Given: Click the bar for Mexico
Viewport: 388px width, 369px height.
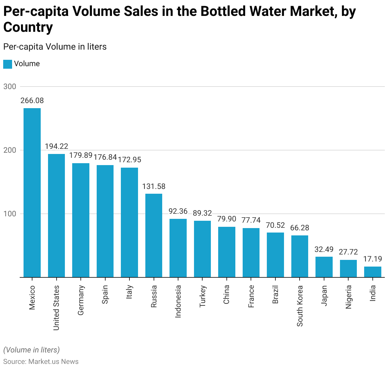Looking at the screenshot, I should pos(32,193).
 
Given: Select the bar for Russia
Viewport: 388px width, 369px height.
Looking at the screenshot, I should pos(154,235).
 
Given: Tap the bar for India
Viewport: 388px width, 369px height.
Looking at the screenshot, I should pos(372,272).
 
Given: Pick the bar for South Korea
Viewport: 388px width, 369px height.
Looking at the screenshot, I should pos(300,256).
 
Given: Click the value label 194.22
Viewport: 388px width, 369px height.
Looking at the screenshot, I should pos(56,146).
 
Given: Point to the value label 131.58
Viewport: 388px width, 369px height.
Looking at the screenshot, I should pos(154,186).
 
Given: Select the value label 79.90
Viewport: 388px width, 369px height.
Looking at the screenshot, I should pos(226,219).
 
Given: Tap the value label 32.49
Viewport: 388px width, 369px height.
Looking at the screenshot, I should pos(324,249).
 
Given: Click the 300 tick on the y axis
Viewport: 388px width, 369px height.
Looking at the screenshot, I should pos(10,87).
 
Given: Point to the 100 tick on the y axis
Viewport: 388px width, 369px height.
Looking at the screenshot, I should pos(10,214).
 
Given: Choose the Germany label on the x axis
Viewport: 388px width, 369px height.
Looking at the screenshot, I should pos(81,300).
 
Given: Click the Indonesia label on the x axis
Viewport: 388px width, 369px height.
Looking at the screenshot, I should pos(178,301).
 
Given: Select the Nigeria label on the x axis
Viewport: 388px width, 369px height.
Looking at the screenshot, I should pos(348,297).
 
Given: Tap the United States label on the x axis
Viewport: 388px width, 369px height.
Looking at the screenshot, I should pos(56,308).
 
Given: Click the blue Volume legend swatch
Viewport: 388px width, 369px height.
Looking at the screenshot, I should pos(8,64).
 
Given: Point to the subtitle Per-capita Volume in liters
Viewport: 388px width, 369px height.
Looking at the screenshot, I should pos(55,47).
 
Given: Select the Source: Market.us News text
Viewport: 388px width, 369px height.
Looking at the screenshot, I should pos(41,362).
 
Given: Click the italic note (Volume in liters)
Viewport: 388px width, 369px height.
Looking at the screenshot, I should pos(31,350).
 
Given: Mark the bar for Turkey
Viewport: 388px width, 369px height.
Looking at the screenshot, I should pos(202,249).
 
